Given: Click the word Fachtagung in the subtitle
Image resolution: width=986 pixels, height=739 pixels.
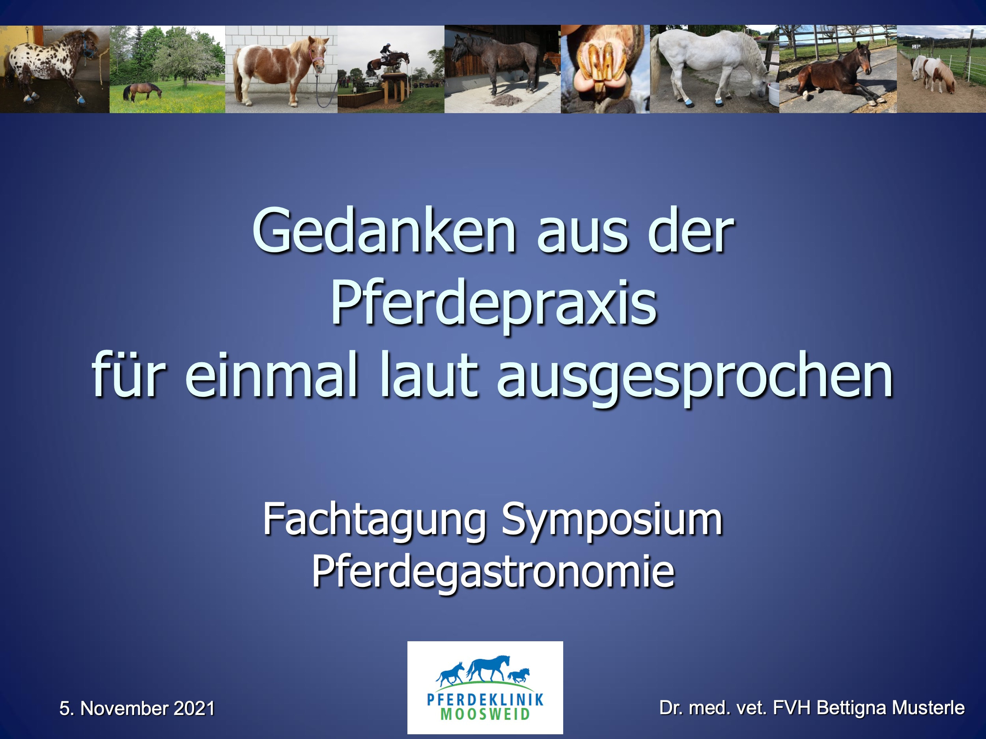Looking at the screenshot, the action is [x=374, y=519].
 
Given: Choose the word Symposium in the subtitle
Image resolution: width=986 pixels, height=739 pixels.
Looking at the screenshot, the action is [x=612, y=519].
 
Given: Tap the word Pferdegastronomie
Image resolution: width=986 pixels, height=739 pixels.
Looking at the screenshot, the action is [x=493, y=572].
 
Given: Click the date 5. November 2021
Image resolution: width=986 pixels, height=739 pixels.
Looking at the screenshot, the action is [x=137, y=708].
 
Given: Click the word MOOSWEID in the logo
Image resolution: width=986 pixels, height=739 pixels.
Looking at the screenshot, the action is [x=485, y=714].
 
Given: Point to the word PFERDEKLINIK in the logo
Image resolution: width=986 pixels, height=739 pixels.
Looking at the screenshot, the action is [x=485, y=699].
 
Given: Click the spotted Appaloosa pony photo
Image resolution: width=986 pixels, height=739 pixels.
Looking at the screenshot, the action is [x=55, y=69].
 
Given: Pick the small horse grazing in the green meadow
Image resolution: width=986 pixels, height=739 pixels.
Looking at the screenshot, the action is [x=142, y=91].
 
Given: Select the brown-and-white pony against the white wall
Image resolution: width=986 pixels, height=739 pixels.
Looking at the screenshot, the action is [x=281, y=69].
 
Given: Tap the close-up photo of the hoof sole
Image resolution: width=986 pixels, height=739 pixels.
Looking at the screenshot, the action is [x=605, y=69].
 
